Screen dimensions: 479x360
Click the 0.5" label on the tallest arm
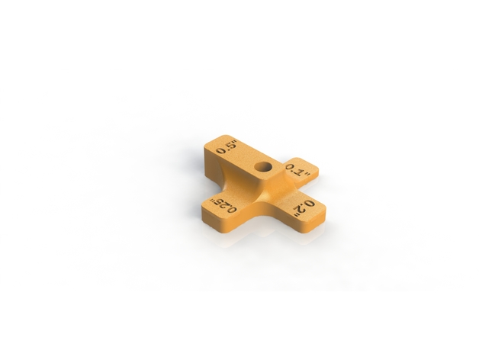tap(227, 147)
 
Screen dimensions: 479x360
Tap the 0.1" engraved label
tap(298, 171)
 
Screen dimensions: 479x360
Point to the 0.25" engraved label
tap(223, 206)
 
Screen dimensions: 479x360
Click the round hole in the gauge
tap(263, 167)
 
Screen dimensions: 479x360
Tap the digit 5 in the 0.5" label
tap(230, 145)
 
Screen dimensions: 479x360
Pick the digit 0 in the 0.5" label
tap(220, 150)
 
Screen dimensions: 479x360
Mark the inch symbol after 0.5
tap(236, 142)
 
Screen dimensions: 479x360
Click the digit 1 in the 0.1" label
tap(299, 172)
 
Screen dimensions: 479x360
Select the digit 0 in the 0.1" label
tap(291, 167)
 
